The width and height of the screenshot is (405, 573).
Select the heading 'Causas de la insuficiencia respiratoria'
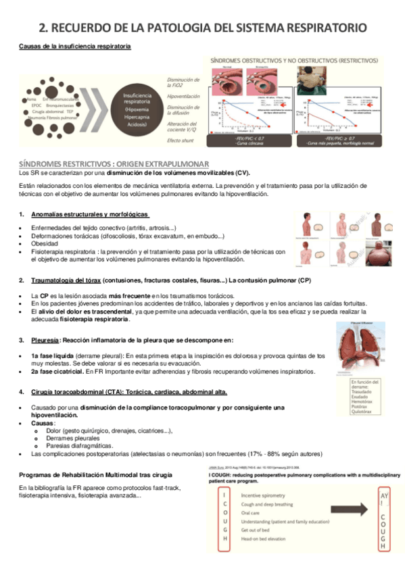74,46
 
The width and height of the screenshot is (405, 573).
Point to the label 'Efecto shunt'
181,140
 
